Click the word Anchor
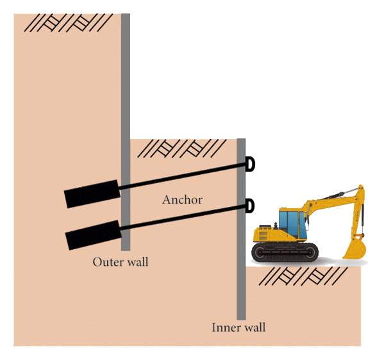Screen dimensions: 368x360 [182, 200]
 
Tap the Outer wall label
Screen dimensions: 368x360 [121, 262]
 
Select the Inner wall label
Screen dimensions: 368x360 [238, 327]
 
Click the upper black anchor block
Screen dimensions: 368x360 [92, 194]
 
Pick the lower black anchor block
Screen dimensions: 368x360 [93, 235]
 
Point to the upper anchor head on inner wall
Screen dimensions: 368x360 [250, 164]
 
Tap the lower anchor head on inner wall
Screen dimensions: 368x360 [250, 206]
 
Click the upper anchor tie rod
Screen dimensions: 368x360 [183, 176]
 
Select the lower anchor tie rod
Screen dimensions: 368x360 [183, 217]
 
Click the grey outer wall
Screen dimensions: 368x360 [126, 132]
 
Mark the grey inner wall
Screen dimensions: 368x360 [241, 229]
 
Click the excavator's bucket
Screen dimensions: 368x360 [355, 247]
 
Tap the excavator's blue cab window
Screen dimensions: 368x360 [292, 224]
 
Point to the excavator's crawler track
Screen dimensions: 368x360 [285, 252]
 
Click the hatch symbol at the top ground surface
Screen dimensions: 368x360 [69, 23]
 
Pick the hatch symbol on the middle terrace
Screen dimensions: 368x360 [182, 149]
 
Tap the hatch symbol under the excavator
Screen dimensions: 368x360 [303, 276]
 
